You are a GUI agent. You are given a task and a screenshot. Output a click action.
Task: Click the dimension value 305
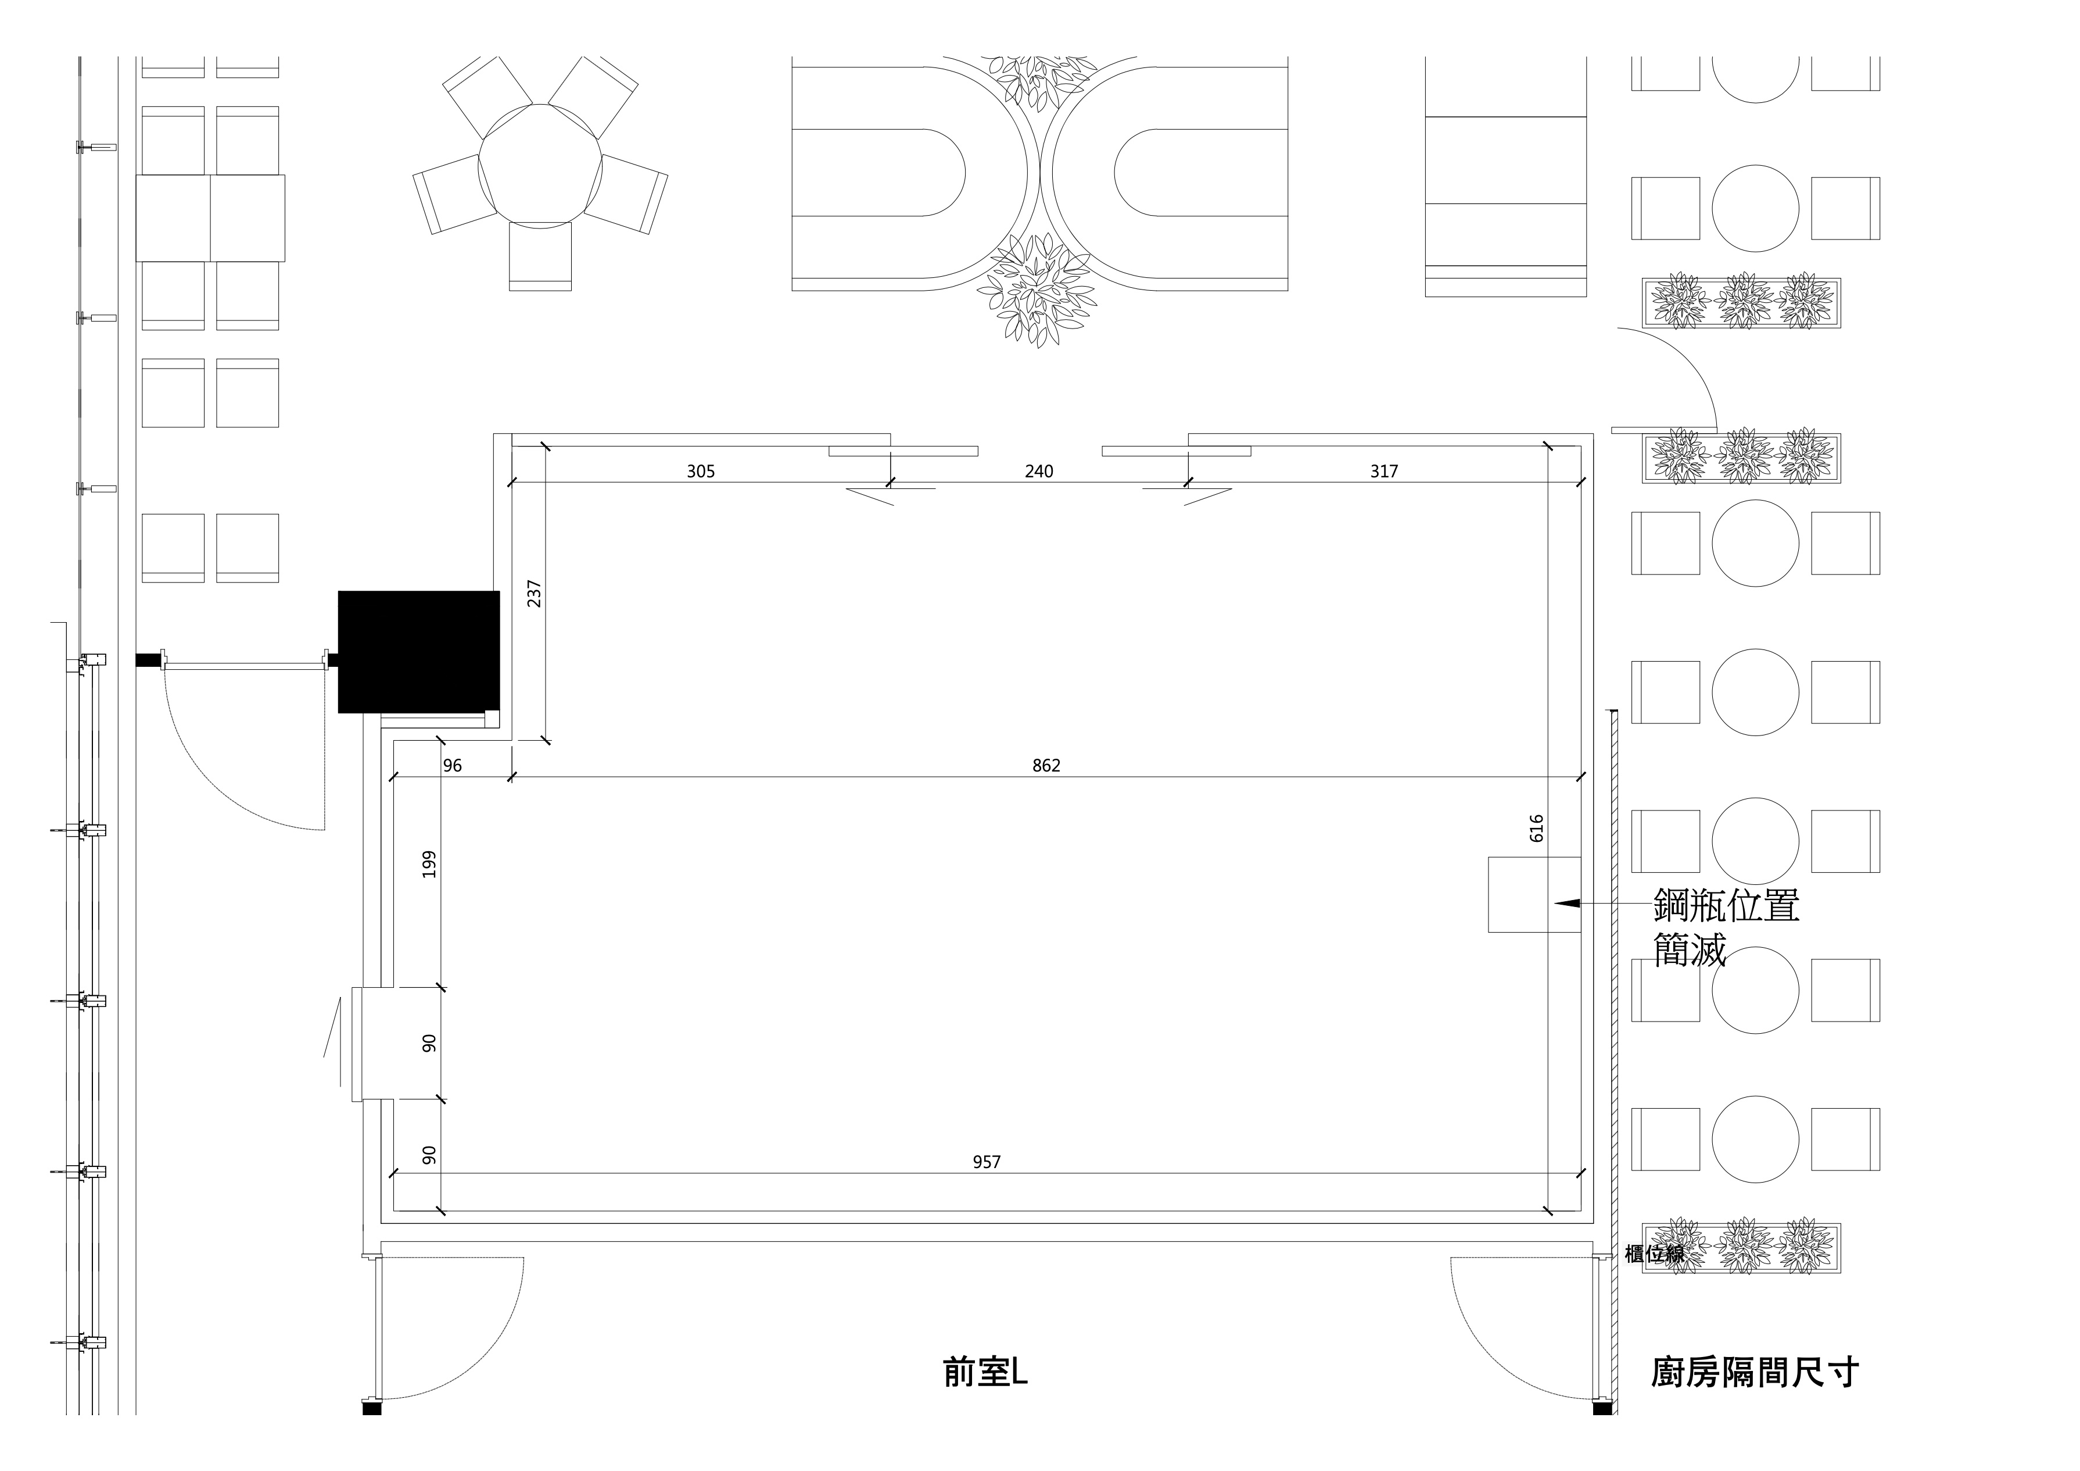click(700, 472)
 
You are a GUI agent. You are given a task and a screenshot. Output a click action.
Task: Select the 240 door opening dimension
click(1039, 472)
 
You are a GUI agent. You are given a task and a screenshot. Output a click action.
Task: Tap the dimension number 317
click(1385, 472)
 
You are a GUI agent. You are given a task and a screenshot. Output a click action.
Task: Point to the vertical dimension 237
click(535, 594)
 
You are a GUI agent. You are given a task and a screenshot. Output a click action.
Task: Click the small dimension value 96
click(452, 766)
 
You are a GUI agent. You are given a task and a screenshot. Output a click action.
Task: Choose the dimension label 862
click(1046, 766)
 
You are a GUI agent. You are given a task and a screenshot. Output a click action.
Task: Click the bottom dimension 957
click(987, 1162)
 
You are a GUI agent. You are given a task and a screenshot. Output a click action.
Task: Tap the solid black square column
click(418, 652)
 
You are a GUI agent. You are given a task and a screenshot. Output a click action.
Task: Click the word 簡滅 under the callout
click(1690, 950)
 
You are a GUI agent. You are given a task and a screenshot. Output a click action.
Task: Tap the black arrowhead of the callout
click(1567, 904)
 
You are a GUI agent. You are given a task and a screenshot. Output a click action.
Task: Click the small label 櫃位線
click(1654, 1254)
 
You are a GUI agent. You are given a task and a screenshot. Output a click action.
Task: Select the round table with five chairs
click(540, 167)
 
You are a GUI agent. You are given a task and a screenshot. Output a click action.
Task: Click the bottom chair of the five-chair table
click(540, 256)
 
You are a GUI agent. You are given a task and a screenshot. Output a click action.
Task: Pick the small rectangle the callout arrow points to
click(1534, 895)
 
